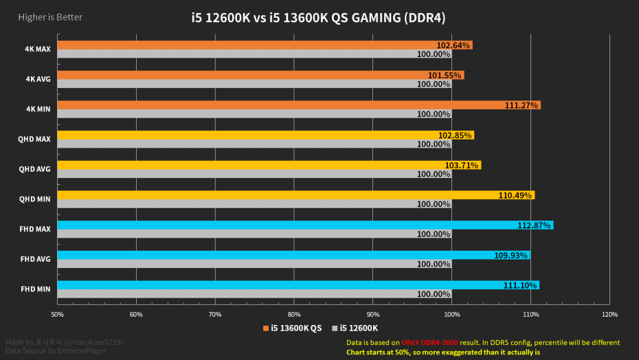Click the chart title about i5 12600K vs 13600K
(x=318, y=18)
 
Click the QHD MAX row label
(x=34, y=139)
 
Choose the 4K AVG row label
(x=38, y=79)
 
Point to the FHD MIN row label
(x=35, y=289)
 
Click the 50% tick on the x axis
(x=58, y=315)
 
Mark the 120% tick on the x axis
(x=609, y=315)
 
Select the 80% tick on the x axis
(x=294, y=315)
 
